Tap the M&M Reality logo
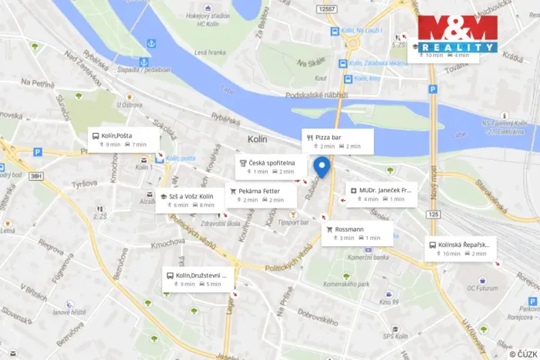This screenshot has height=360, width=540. (x=458, y=34)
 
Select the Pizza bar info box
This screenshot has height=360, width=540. (x=338, y=141)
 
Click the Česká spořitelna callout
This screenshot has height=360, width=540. (x=265, y=166)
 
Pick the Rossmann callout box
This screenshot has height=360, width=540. (x=358, y=233)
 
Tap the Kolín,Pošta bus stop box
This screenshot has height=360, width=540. (x=123, y=139)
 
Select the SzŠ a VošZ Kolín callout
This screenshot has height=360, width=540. (x=190, y=200)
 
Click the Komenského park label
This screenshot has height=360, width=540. (x=358, y=285)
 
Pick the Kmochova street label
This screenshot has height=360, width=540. (x=168, y=244)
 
